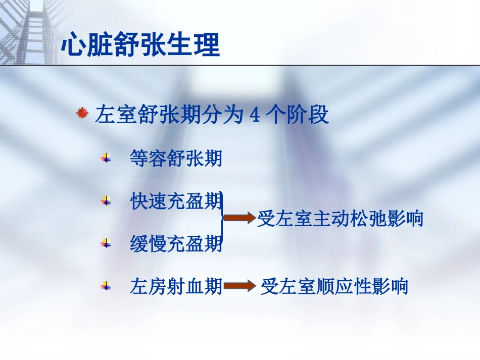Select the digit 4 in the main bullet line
(255, 116)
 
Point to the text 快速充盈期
(176, 201)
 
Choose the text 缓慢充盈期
(176, 244)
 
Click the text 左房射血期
(176, 287)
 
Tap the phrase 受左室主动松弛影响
(340, 219)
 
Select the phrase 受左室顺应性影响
(334, 287)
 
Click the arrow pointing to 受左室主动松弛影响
(239, 218)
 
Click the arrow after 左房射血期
(239, 287)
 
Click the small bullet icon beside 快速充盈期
(106, 200)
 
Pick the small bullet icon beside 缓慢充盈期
(106, 243)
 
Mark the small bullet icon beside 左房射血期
(106, 286)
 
